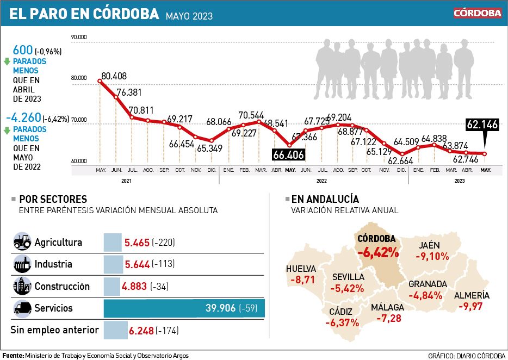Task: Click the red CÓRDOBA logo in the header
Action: [x=478, y=13]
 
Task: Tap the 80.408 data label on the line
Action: [x=114, y=76]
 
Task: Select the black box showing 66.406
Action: [x=289, y=155]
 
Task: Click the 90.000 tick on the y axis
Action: [x=79, y=37]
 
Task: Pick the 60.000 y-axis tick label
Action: [x=79, y=161]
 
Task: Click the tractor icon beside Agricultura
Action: [x=22, y=242]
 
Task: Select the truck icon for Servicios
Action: [x=22, y=308]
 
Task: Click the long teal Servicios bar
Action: [x=184, y=308]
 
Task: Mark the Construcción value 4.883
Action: [x=137, y=287]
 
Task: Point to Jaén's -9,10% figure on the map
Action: [x=432, y=256]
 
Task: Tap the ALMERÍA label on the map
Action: [x=472, y=296]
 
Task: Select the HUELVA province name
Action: [x=301, y=268]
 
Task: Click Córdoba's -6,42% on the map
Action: [x=378, y=252]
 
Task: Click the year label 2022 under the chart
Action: [x=321, y=181]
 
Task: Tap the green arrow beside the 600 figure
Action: [x=7, y=61]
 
